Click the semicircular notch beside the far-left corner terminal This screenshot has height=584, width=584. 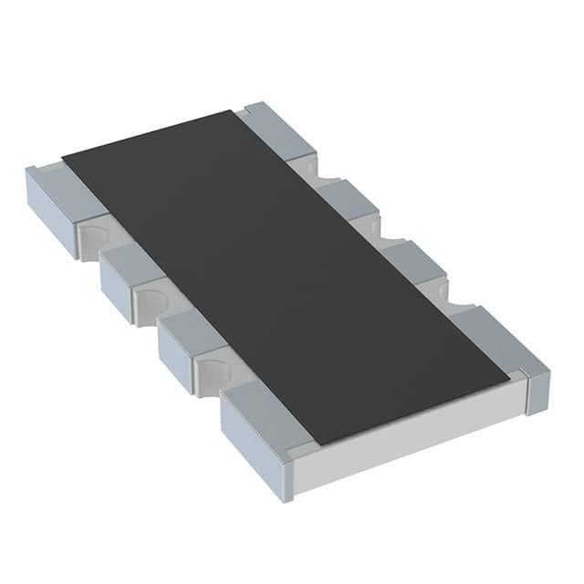coord(92,239)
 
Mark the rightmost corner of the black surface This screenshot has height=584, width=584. coord(509,375)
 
